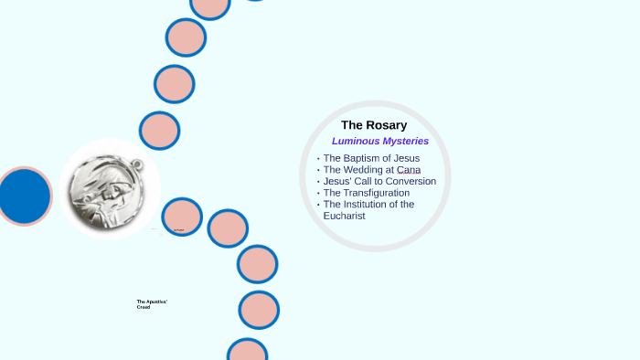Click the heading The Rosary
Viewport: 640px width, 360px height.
pyautogui.click(x=374, y=125)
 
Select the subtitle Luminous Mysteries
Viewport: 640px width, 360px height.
pyautogui.click(x=379, y=142)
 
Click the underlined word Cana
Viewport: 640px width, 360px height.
pyautogui.click(x=409, y=170)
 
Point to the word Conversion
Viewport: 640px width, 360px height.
pyautogui.click(x=410, y=181)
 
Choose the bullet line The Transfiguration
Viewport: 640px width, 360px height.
pyautogui.click(x=366, y=193)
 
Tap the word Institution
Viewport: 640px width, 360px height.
pyautogui.click(x=379, y=204)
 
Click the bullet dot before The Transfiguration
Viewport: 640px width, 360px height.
pyautogui.click(x=318, y=194)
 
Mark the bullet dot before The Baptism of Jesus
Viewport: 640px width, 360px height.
pyautogui.click(x=318, y=159)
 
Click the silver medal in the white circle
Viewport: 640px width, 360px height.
pyautogui.click(x=109, y=189)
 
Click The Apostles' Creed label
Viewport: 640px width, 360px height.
pyautogui.click(x=152, y=304)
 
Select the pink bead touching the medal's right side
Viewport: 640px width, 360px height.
pyautogui.click(x=182, y=217)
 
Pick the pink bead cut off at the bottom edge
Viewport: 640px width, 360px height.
pyautogui.click(x=247, y=351)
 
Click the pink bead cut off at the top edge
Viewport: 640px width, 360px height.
pyautogui.click(x=210, y=5)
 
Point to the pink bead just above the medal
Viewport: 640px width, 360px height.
pyautogui.click(x=159, y=130)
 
